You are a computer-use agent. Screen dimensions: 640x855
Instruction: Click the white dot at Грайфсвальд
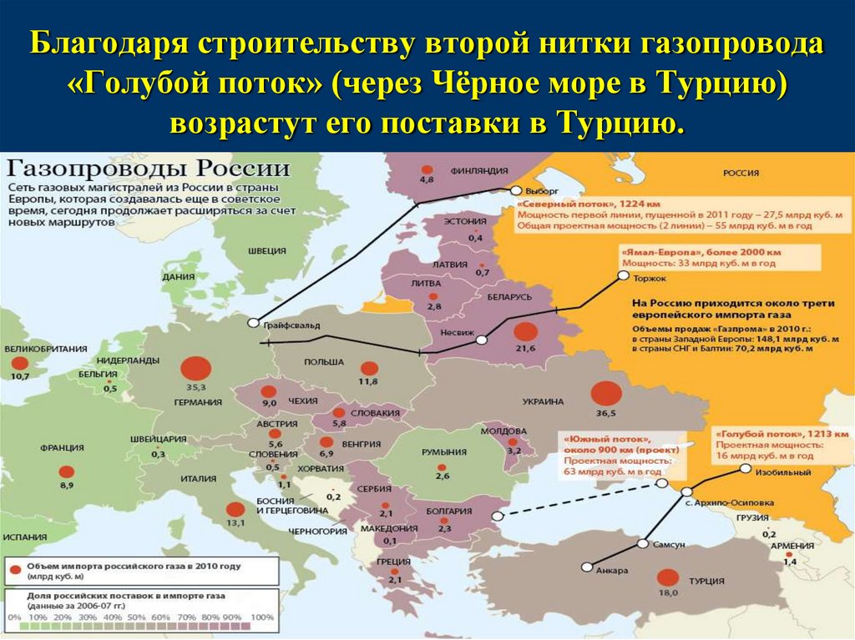(x=252, y=323)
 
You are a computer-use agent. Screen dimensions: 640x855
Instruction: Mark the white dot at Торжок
(x=621, y=274)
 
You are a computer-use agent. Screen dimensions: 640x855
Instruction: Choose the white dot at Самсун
(x=642, y=543)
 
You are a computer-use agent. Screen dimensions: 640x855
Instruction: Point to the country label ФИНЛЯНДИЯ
(x=479, y=169)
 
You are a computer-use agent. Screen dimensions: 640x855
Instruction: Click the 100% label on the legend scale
(x=261, y=617)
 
